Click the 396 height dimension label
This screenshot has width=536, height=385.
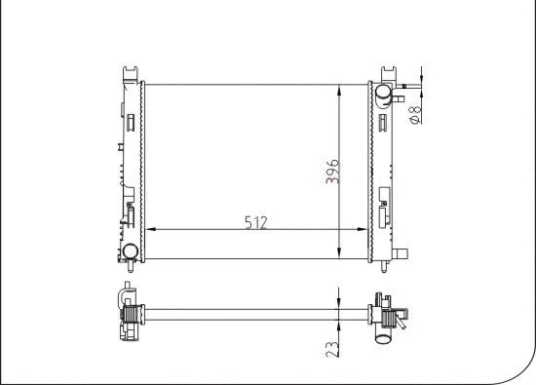coord(333,173)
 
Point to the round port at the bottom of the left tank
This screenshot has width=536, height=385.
coord(130,250)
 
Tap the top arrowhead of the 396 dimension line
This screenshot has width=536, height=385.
coord(338,89)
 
